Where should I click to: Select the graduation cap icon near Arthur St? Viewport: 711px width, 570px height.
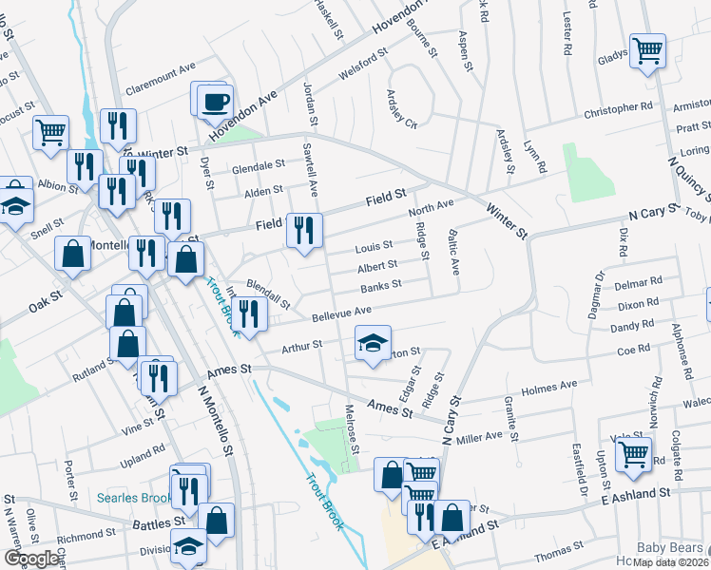(373, 343)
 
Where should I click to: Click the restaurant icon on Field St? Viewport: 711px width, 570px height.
(304, 230)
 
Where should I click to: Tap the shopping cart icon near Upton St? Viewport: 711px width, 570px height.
(633, 453)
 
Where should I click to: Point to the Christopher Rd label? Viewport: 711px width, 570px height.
(618, 110)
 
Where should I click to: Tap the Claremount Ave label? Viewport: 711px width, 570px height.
(160, 67)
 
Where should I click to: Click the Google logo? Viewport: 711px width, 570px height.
(32, 559)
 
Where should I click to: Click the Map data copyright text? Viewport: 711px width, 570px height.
(668, 562)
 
